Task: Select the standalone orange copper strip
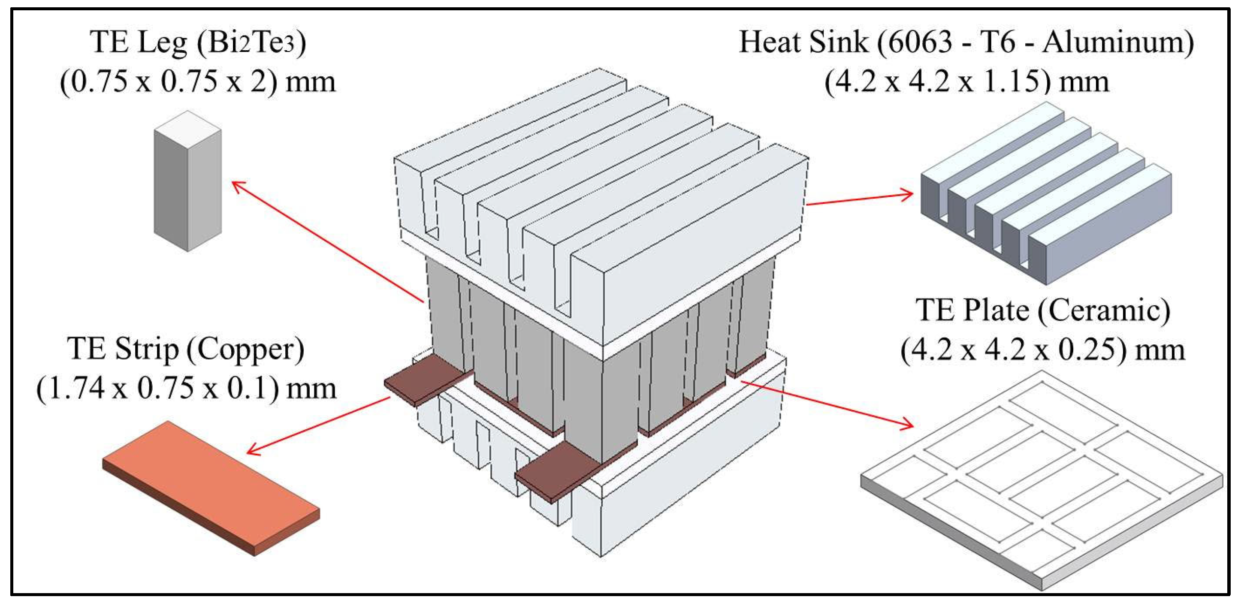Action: [211, 488]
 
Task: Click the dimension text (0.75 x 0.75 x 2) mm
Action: [197, 81]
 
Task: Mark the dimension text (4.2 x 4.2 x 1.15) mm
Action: [966, 81]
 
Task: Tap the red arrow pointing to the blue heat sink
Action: [860, 199]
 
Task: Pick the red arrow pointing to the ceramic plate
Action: [827, 403]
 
